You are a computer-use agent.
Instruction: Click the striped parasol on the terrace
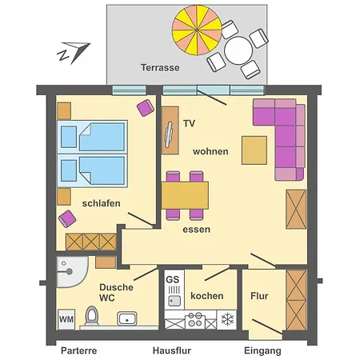[197, 30]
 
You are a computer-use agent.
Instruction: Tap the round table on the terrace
[238, 50]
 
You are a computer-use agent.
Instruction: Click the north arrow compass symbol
[74, 53]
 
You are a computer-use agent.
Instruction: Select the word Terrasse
[160, 67]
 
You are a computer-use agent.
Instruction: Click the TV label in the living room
[189, 123]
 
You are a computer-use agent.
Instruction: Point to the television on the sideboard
[169, 134]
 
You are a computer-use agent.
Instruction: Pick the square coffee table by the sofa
[254, 150]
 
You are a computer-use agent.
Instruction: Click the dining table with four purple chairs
[185, 195]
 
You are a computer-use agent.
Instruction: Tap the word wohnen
[210, 151]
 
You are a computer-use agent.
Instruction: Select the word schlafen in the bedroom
[101, 203]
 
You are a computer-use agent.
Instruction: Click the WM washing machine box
[66, 319]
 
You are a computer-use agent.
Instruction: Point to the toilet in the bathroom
[91, 316]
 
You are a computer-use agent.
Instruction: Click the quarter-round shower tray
[72, 272]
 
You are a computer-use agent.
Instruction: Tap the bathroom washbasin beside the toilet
[127, 318]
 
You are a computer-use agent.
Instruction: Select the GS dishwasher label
[172, 279]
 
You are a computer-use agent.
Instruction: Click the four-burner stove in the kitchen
[195, 319]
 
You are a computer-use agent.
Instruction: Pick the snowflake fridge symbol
[226, 319]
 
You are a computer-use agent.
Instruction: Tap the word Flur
[259, 296]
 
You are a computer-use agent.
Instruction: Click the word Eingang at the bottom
[262, 350]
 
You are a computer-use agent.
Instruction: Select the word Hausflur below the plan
[172, 350]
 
